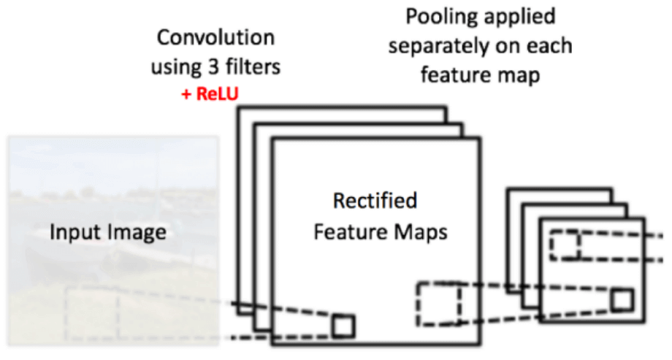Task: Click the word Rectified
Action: coord(375,201)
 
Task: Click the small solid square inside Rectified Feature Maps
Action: coord(343,326)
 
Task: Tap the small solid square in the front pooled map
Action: coord(622,299)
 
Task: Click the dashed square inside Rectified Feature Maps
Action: coord(438,303)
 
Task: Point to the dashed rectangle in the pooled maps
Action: coord(565,245)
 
